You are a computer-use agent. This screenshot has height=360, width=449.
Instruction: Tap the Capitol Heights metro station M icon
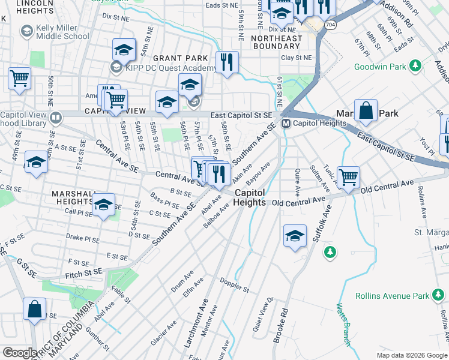point(286,124)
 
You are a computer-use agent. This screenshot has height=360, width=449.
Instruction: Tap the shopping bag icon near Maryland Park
point(366,112)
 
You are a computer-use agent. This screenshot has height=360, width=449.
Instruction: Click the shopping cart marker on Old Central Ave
point(348,177)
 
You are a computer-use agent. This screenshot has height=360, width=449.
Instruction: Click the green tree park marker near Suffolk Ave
point(329,251)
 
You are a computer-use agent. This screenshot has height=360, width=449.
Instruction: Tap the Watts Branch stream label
point(342,325)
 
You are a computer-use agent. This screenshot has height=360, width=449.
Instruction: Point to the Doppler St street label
point(235,286)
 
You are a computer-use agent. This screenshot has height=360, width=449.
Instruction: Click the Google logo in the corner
point(20,353)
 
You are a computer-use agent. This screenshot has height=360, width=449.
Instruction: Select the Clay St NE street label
point(297,58)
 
